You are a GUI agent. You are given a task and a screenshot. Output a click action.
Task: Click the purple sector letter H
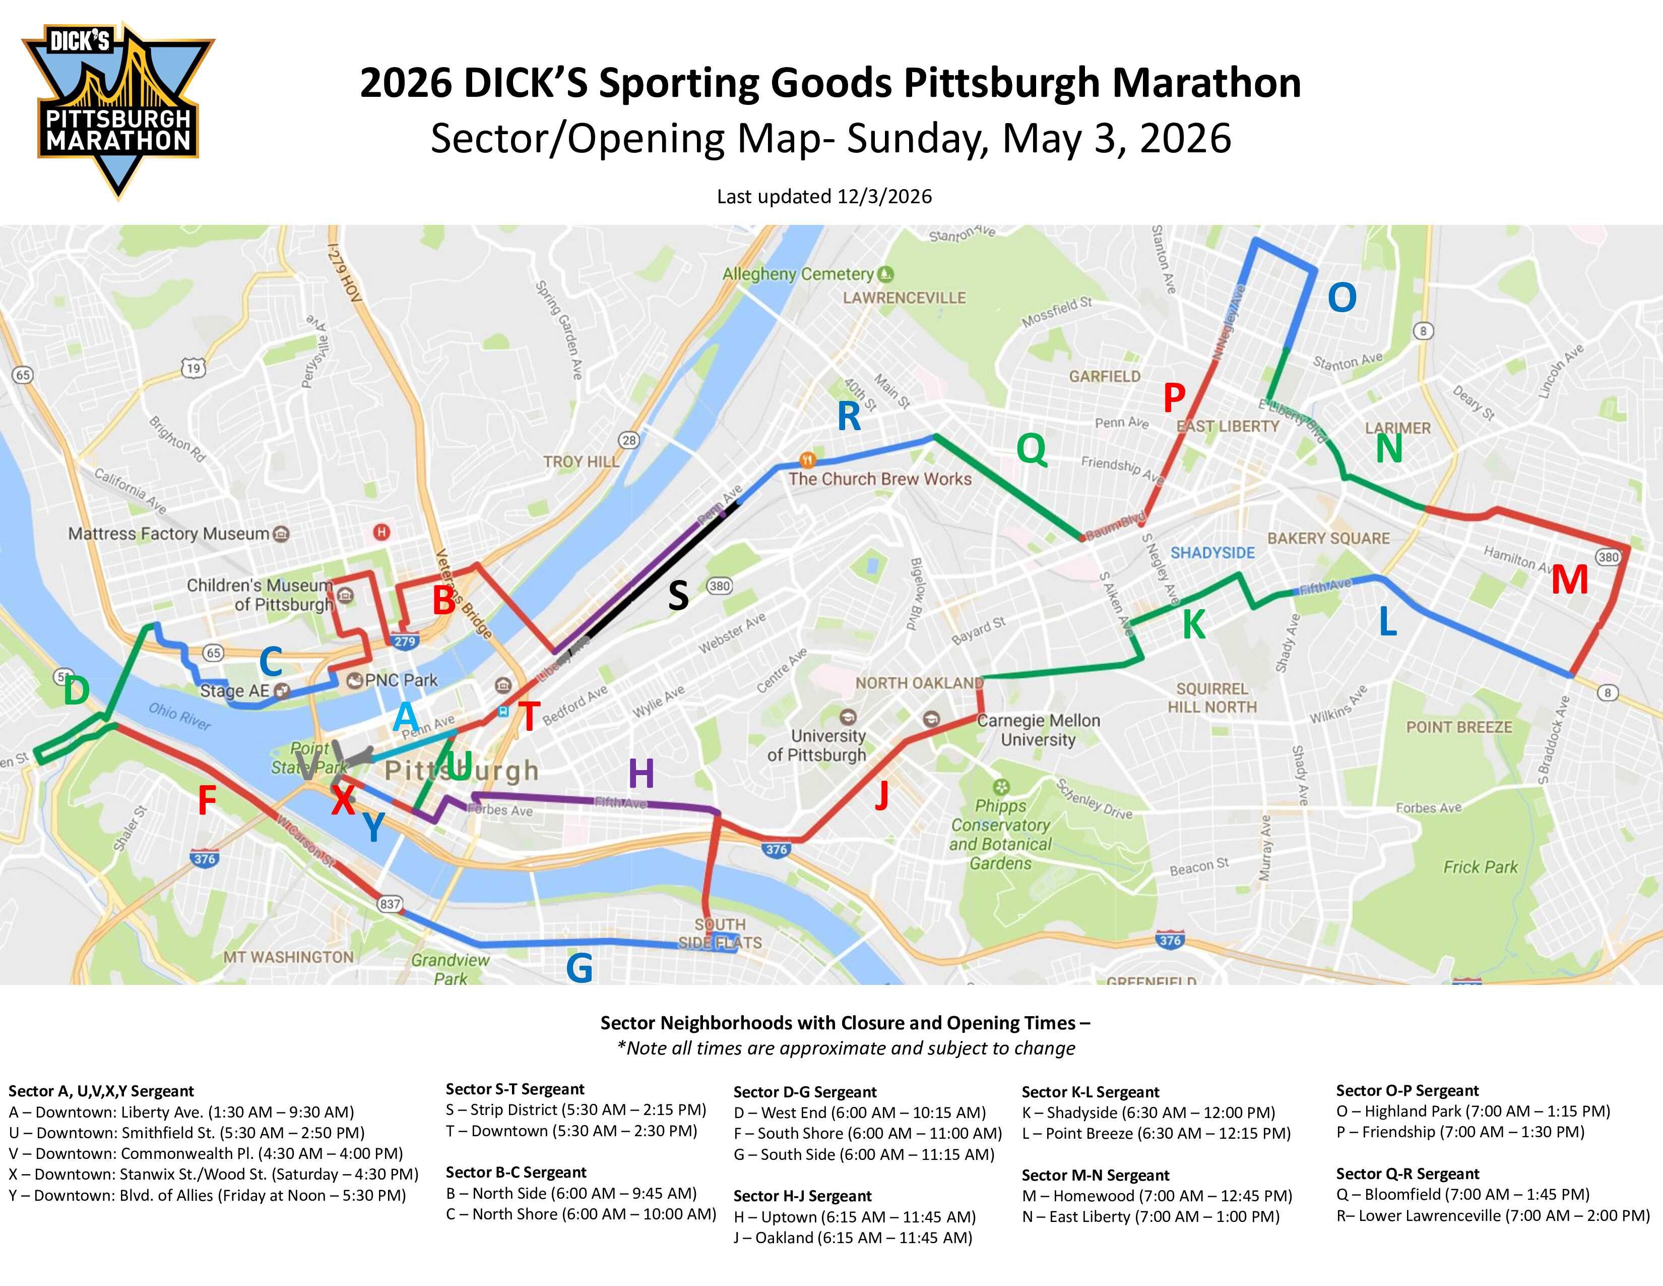(641, 774)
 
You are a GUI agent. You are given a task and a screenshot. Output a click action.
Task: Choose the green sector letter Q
(1031, 449)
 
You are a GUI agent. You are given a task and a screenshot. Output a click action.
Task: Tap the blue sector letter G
(580, 968)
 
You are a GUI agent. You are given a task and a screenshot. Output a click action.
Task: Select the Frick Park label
(1480, 867)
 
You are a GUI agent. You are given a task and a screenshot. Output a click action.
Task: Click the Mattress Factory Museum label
(169, 533)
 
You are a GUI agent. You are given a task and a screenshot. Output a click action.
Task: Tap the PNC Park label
(401, 680)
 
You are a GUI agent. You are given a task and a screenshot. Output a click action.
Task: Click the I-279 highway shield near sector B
(404, 641)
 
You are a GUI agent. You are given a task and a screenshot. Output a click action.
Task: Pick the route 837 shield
(389, 904)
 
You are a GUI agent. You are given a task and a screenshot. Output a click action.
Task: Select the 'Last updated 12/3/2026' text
(824, 197)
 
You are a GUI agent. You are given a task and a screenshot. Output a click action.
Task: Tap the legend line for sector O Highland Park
(1473, 1111)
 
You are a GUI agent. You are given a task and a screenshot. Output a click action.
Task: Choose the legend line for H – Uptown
(854, 1217)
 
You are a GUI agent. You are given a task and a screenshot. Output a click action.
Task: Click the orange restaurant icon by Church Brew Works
(808, 460)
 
